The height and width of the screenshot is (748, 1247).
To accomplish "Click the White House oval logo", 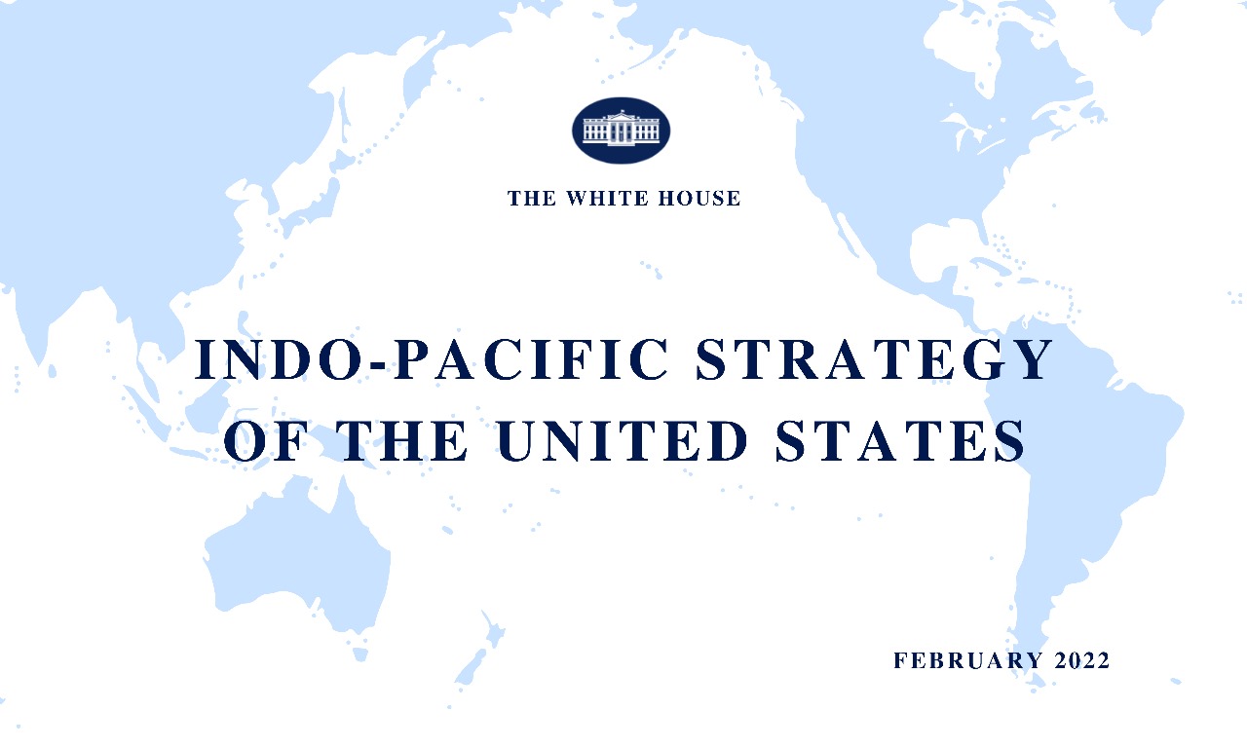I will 621,130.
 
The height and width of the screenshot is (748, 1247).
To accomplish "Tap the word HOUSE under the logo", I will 697,199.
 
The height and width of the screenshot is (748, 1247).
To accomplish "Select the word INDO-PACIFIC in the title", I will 433,359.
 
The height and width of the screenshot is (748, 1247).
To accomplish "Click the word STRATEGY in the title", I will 874,359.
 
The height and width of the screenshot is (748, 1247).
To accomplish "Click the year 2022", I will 1082,660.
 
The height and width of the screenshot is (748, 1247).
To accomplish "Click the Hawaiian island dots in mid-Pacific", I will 651,268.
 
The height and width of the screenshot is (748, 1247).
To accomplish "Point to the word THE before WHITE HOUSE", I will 532,199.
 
